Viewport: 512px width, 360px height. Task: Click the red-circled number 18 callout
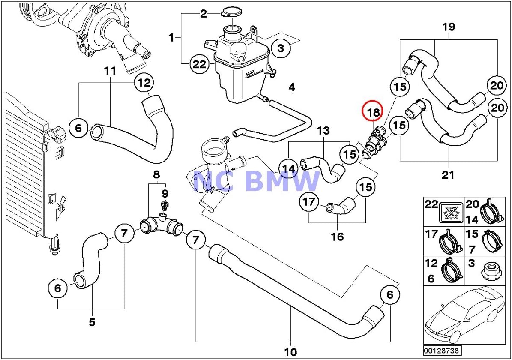point(374,112)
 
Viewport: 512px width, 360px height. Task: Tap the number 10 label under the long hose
point(290,352)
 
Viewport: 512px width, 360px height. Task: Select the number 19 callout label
point(449,27)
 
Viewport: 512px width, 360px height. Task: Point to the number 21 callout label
point(448,175)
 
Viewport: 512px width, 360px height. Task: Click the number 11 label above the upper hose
point(111,70)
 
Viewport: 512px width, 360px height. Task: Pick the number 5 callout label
point(92,322)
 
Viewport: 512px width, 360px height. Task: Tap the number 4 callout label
point(292,87)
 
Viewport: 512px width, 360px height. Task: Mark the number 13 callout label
point(323,131)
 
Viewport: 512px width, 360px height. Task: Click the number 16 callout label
point(337,236)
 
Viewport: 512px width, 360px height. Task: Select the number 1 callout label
point(171,38)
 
